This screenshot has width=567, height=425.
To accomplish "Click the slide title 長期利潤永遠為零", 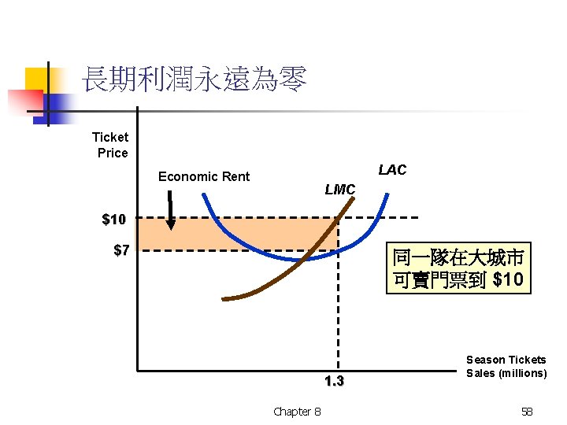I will [x=194, y=80].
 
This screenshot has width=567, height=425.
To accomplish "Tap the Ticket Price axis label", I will [x=110, y=145].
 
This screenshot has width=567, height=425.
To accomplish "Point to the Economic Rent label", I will [x=203, y=176].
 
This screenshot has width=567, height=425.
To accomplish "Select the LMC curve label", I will [x=340, y=190].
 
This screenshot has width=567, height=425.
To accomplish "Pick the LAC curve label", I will [x=392, y=170].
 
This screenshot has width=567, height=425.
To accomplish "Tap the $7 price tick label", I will [x=121, y=251].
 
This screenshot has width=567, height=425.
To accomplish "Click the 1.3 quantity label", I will [x=334, y=382].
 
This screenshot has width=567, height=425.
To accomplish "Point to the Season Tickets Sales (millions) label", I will [x=506, y=366].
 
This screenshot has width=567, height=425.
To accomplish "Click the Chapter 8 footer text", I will [x=297, y=411].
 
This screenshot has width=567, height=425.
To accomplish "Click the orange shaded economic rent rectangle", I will [x=236, y=234].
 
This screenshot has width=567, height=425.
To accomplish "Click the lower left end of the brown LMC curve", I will [x=226, y=298].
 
